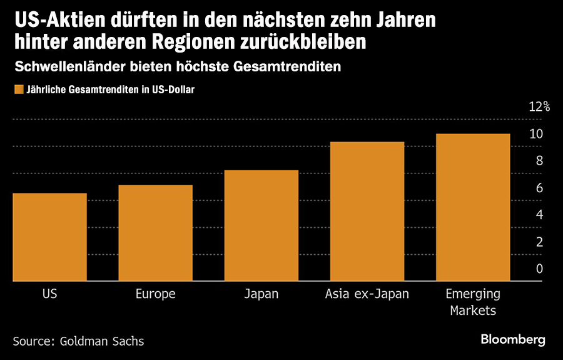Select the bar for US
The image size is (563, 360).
[49, 237]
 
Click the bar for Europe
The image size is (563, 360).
[155, 233]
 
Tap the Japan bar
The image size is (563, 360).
[261, 225]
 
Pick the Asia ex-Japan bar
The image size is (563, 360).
[367, 212]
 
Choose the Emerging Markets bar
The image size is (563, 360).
[473, 207]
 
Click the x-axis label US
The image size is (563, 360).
[50, 294]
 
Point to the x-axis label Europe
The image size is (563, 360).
[155, 294]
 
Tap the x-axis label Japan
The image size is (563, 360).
[261, 294]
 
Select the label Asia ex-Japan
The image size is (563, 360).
[367, 294]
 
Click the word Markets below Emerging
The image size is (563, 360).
[472, 311]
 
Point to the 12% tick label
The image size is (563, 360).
[539, 106]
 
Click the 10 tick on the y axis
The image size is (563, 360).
[535, 133]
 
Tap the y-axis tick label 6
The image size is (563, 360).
[539, 188]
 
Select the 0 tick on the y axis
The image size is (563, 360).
[539, 269]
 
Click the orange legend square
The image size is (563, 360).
[18, 90]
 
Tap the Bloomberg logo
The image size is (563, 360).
[513, 340]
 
